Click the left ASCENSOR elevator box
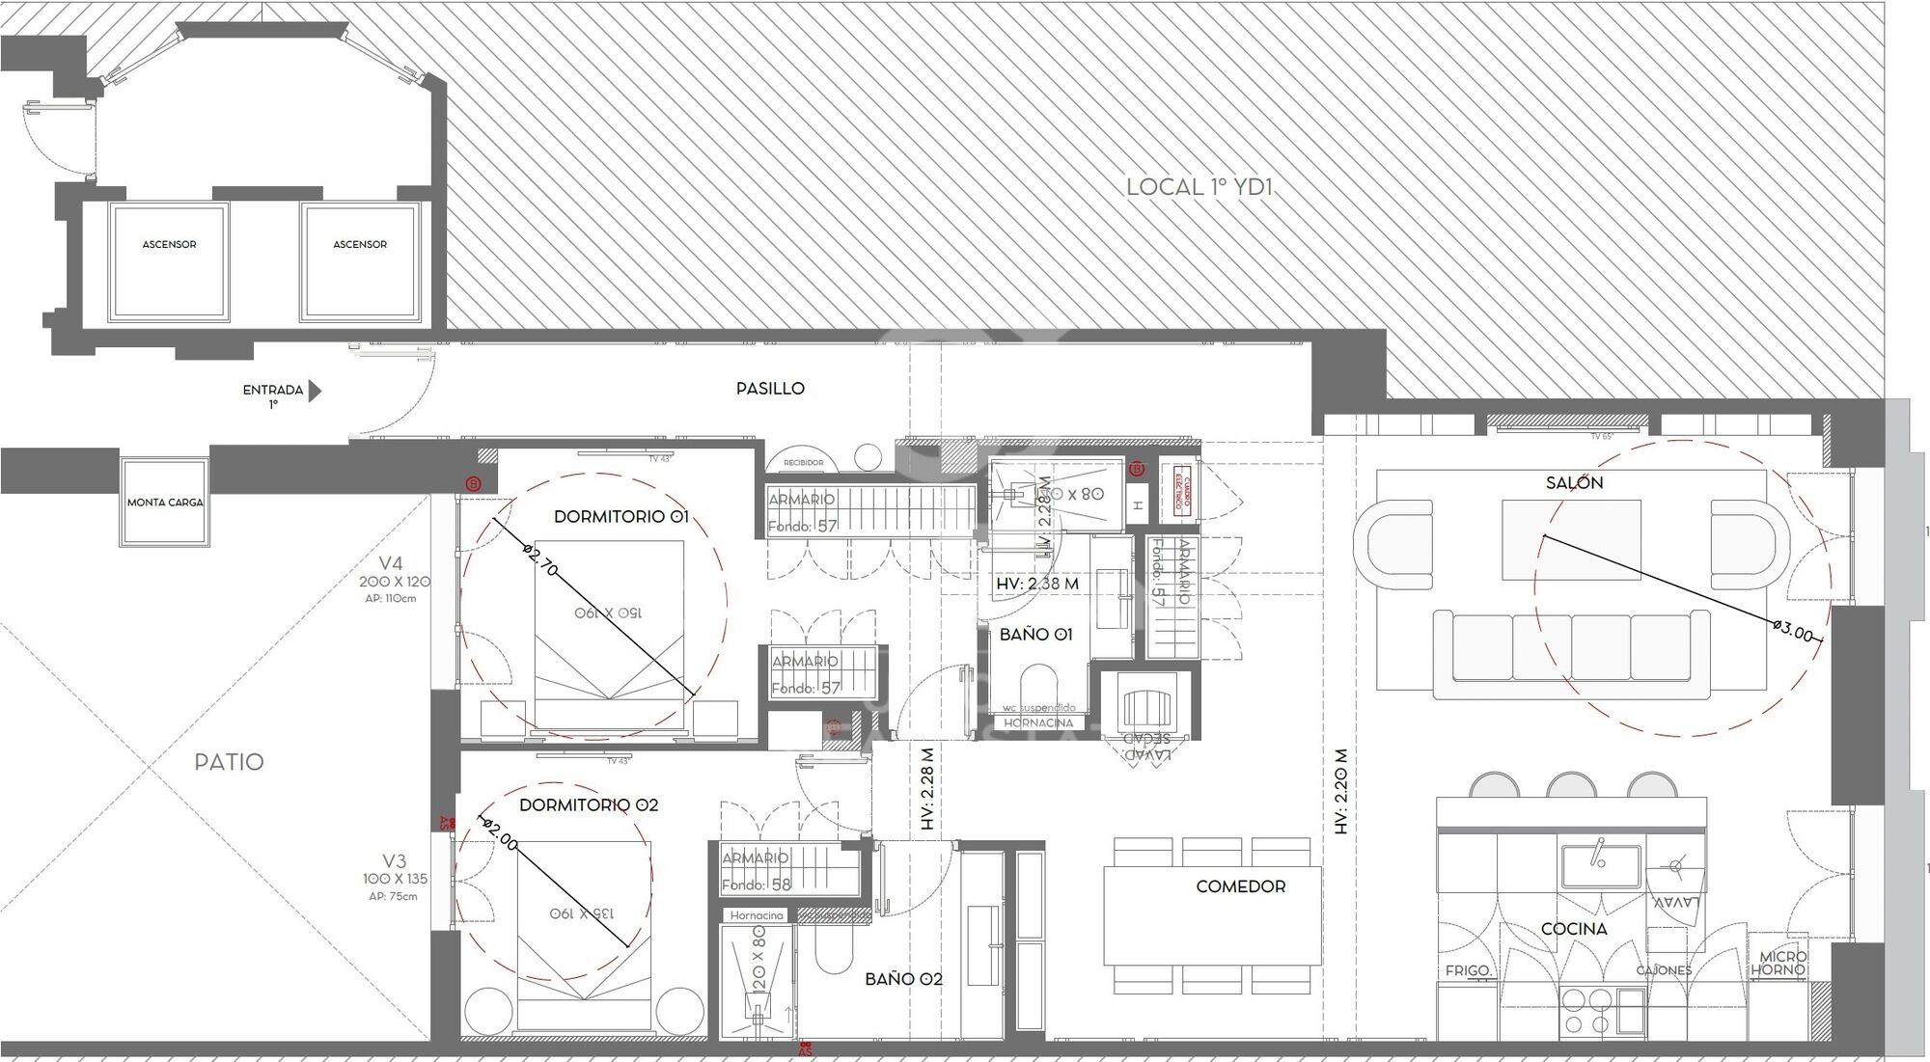tap(169, 260)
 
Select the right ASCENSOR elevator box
tap(360, 260)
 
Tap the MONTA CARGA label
tap(165, 503)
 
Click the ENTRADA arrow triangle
tap(314, 391)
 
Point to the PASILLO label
tap(769, 389)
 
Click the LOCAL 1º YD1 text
tap(1199, 187)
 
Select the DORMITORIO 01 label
tap(620, 517)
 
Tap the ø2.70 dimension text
tap(540, 560)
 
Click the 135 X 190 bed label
tap(581, 913)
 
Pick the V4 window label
tap(391, 563)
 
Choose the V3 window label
tap(394, 861)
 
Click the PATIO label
tap(229, 762)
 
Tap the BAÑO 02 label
tap(902, 979)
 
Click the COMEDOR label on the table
tap(1240, 886)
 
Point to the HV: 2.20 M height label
tap(1340, 791)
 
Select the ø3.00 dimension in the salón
tap(1793, 633)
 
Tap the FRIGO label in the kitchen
tap(1467, 971)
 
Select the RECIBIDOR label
tap(803, 463)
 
